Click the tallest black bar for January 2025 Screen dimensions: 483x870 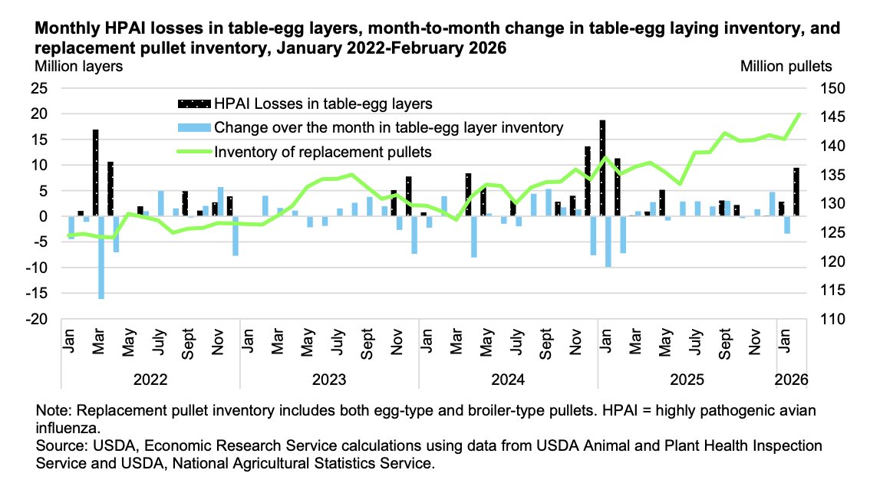coord(602,168)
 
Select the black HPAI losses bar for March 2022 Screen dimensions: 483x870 coord(96,172)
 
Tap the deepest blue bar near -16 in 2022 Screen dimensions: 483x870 coord(101,257)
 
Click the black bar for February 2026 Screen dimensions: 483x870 coord(796,192)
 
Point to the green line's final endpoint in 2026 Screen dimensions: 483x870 coord(799,114)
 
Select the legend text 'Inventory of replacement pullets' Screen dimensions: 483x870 coord(323,152)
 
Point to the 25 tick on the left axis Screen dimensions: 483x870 coord(39,88)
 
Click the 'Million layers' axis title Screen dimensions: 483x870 coord(77,66)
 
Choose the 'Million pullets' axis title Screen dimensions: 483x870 coord(786,66)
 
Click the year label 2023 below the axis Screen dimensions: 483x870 coord(329,379)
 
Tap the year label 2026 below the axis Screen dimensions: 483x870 coord(792,379)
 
